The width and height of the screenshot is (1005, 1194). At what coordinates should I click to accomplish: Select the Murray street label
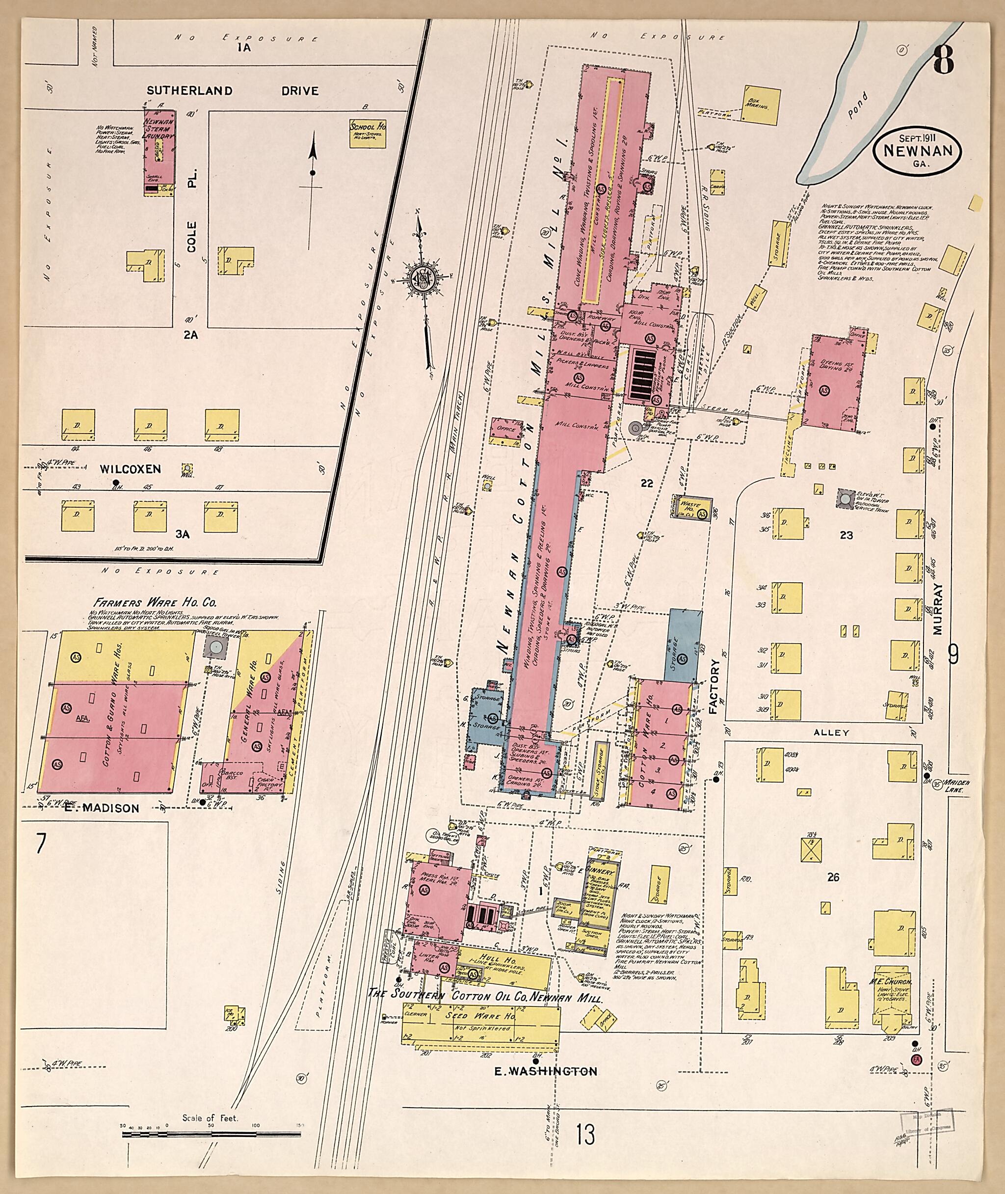click(938, 607)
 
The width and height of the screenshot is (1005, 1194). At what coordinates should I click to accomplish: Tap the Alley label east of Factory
click(831, 733)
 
